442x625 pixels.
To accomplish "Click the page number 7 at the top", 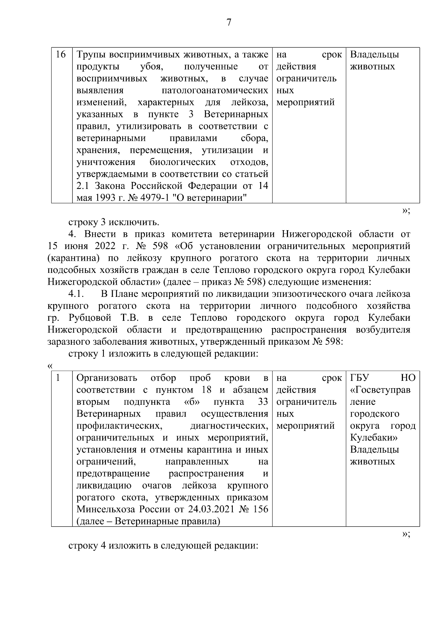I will click(x=229, y=23).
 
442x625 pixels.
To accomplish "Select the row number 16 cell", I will click(x=61, y=55).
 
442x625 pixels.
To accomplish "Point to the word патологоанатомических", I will click(x=215, y=91).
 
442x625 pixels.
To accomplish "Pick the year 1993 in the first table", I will click(x=105, y=198).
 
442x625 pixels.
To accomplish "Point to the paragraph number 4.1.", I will click(x=77, y=294).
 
